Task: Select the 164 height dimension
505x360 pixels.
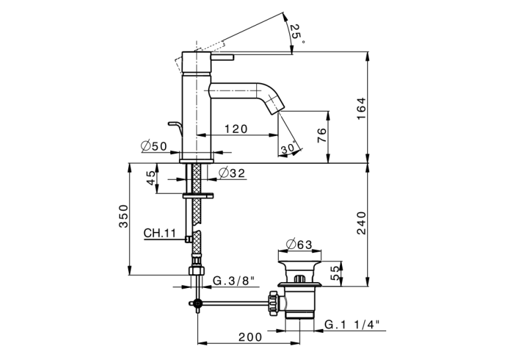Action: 361,108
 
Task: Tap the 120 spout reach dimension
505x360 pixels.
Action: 236,129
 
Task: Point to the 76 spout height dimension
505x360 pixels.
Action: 321,135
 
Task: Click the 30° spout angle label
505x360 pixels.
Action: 288,148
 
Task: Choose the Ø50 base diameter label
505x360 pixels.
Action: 154,147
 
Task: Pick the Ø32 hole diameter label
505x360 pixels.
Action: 232,173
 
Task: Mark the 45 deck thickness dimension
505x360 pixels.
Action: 151,178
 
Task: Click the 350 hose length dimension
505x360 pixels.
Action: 123,216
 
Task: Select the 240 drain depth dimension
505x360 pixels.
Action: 361,223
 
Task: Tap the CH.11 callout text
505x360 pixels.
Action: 160,233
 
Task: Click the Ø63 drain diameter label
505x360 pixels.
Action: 299,244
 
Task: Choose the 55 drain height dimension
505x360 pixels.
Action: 335,273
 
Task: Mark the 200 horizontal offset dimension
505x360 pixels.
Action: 250,337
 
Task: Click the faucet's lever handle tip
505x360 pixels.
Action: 232,57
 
